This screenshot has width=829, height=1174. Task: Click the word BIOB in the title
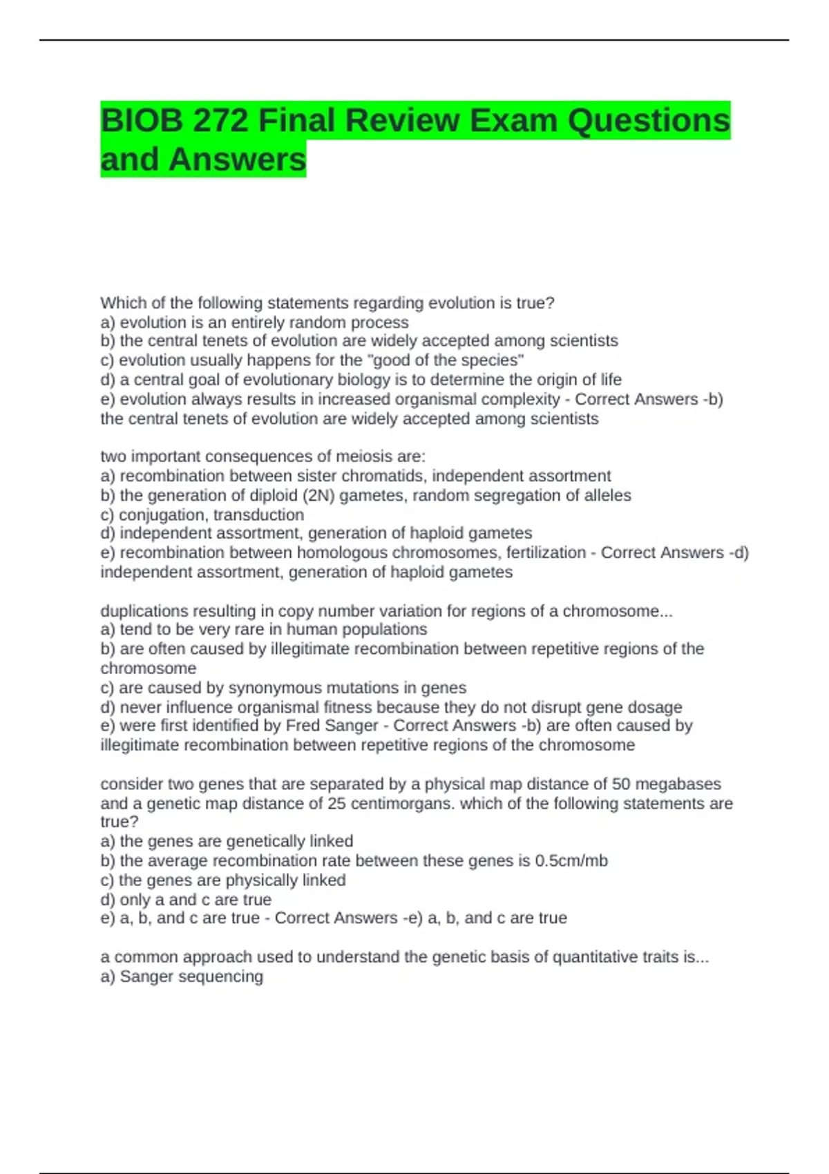141,121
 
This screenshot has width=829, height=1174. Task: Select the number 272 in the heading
220,121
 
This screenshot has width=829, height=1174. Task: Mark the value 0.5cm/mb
571,861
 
